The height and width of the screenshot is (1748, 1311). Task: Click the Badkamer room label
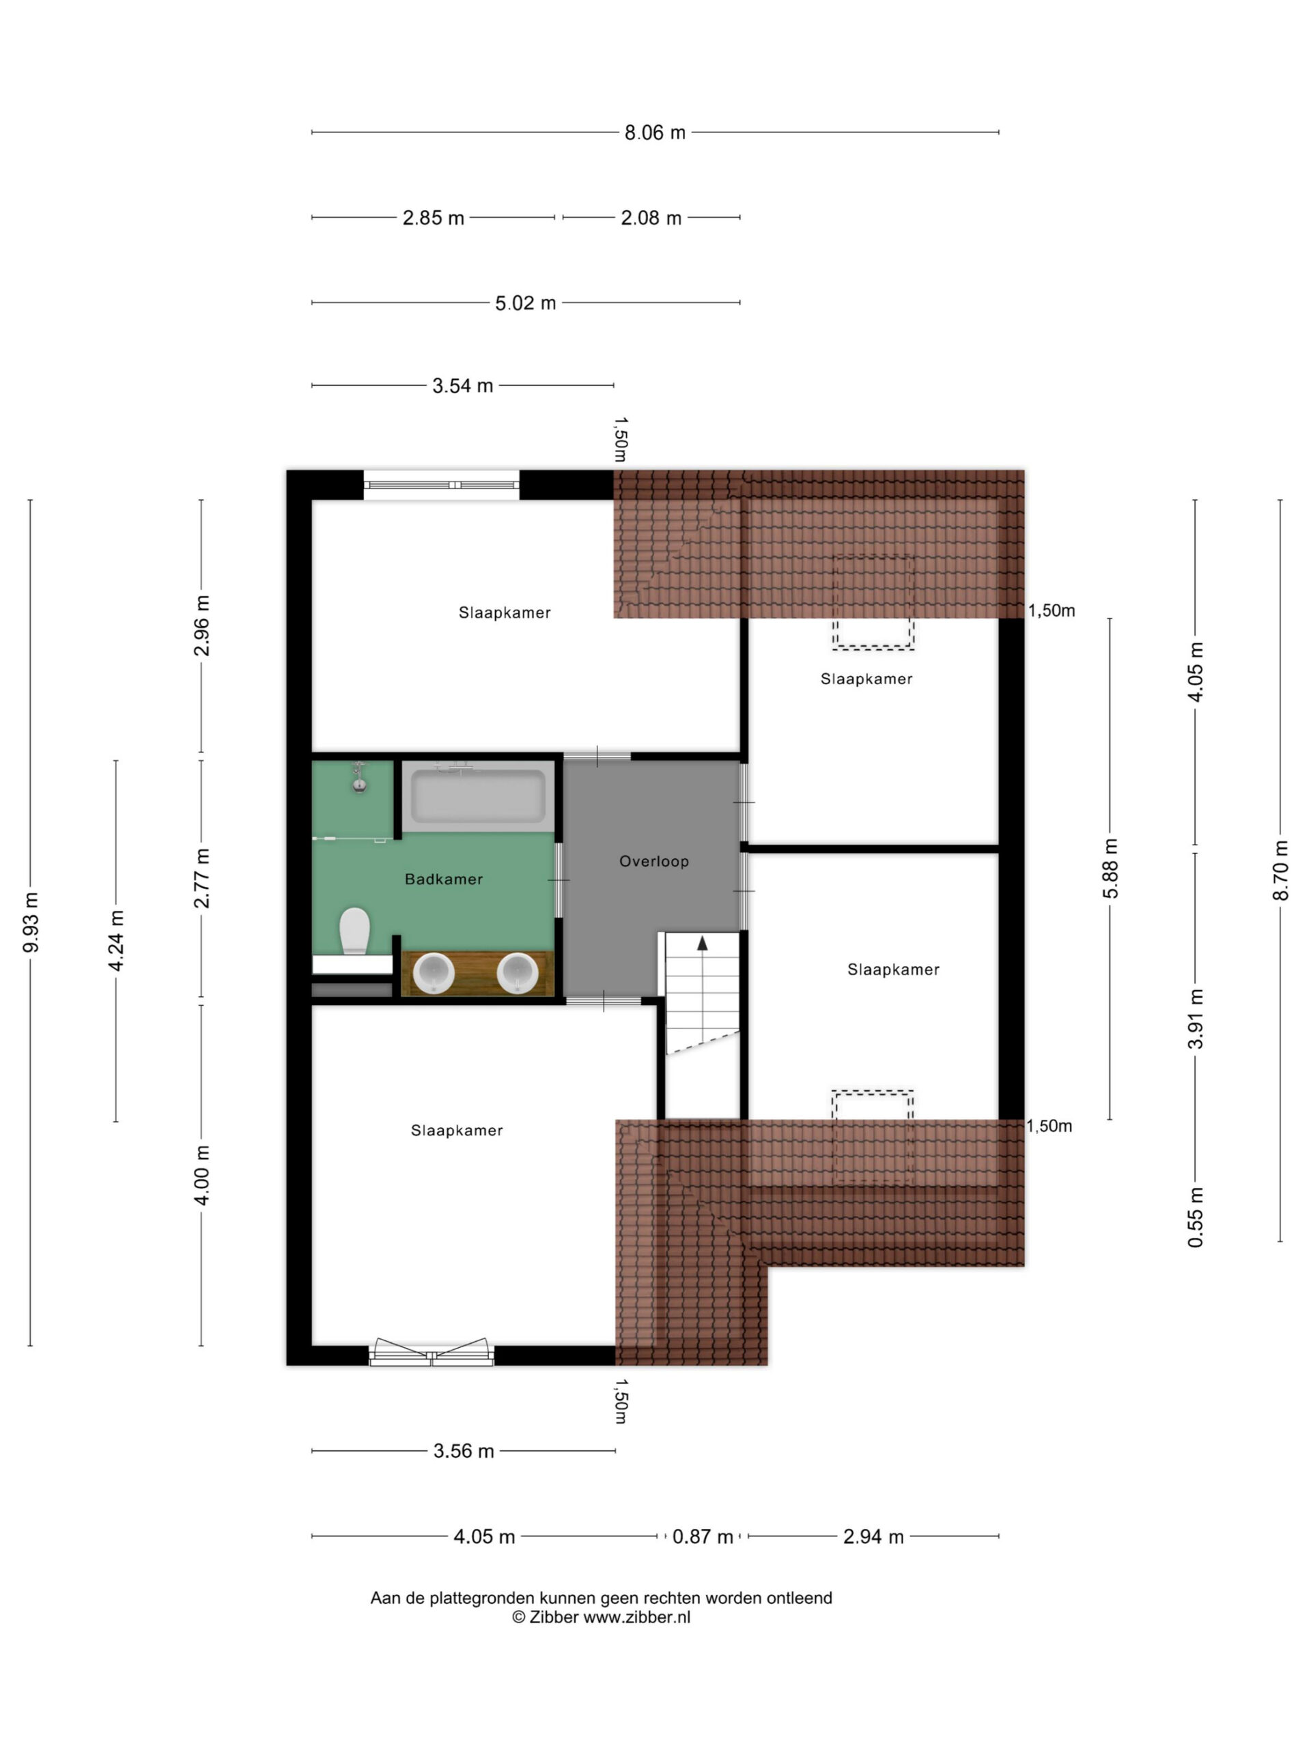coord(443,879)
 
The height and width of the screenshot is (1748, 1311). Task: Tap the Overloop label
coord(653,861)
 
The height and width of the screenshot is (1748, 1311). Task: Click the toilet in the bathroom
coord(355,930)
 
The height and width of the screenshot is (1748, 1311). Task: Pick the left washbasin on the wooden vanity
coord(433,973)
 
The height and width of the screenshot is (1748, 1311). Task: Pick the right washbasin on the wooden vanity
coord(518,973)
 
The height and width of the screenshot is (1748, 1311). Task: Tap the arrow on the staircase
coord(703,943)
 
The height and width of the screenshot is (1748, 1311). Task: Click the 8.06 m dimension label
coord(655,132)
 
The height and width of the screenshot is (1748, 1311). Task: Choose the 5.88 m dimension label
coord(1110,869)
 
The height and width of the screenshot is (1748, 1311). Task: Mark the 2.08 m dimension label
coord(651,218)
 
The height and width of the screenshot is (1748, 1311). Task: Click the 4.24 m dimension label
coord(116,940)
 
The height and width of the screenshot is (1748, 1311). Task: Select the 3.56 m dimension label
coord(464,1451)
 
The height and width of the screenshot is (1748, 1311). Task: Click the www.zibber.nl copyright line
coord(601,1617)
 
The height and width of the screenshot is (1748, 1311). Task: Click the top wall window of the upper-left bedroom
coord(441,484)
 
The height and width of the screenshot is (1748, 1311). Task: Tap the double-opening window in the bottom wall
coord(432,1352)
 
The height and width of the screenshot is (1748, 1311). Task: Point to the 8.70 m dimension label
coord(1281,870)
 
